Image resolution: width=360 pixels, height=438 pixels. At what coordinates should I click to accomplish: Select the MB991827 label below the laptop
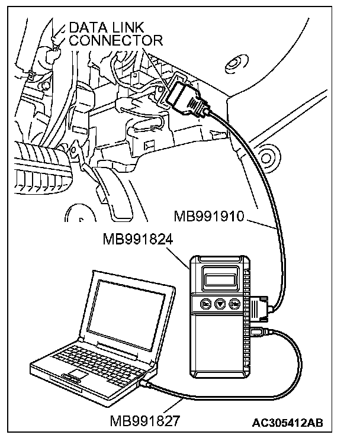145,421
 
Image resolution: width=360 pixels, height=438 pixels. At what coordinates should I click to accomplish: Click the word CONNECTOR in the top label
116,40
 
